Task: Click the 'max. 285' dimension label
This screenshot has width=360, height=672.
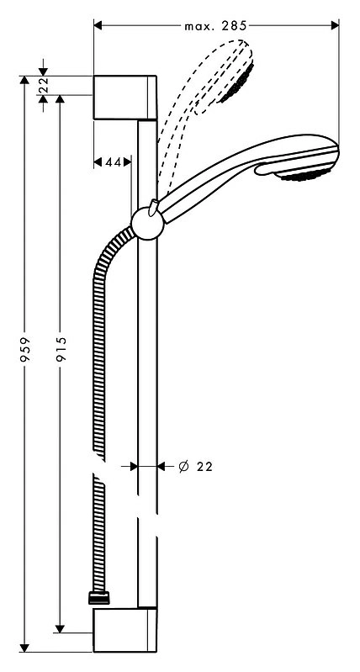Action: pyautogui.click(x=215, y=26)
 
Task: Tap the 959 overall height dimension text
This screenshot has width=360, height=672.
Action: pyautogui.click(x=25, y=349)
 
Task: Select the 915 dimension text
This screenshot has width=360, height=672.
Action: pyautogui.click(x=61, y=349)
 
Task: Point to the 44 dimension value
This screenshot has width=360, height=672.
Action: pyautogui.click(x=112, y=162)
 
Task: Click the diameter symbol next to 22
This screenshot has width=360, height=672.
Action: pyautogui.click(x=183, y=466)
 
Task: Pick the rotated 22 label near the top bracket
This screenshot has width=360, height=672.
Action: pyautogui.click(x=43, y=85)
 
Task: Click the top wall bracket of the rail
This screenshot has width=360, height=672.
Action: pyautogui.click(x=124, y=98)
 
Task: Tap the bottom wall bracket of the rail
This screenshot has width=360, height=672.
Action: pyautogui.click(x=124, y=630)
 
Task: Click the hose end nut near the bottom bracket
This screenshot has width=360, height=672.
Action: pyautogui.click(x=99, y=598)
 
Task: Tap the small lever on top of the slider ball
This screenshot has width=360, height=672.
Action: pyautogui.click(x=153, y=207)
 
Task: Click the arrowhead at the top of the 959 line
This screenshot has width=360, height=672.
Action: pyautogui.click(x=25, y=81)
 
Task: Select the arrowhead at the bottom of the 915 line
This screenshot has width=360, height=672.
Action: pyautogui.click(x=60, y=628)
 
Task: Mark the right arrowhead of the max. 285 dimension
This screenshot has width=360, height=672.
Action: pyautogui.click(x=334, y=26)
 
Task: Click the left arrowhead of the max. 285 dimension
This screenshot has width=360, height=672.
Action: pyautogui.click(x=98, y=26)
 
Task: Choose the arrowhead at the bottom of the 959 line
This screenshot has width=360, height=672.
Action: pyautogui.click(x=25, y=648)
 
